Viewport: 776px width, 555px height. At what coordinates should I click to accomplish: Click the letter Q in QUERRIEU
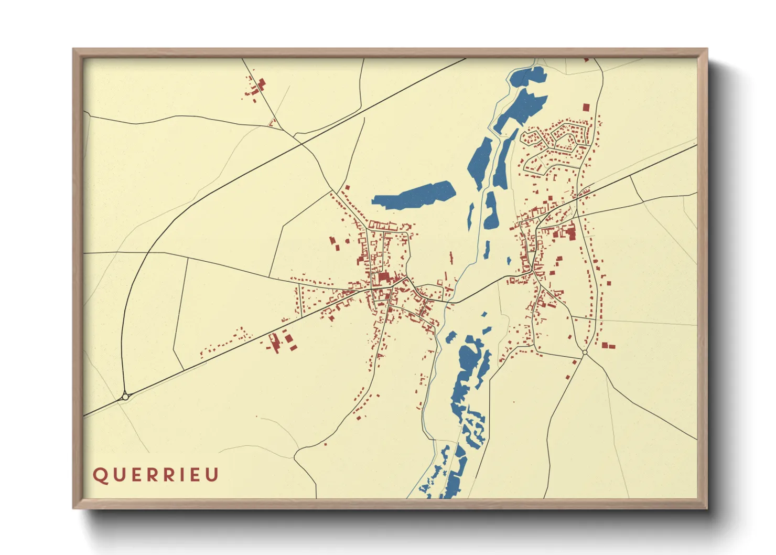(x=99, y=475)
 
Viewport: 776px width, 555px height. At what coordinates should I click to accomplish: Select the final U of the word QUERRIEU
(x=212, y=475)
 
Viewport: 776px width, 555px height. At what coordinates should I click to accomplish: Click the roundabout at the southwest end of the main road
(x=125, y=397)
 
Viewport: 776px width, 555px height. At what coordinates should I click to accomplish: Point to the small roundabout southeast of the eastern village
(x=585, y=353)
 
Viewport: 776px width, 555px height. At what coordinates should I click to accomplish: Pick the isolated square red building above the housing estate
(x=586, y=107)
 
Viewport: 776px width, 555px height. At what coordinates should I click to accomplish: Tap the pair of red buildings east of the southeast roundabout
(x=608, y=346)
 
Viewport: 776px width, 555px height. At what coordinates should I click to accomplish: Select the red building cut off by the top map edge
(x=586, y=60)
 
